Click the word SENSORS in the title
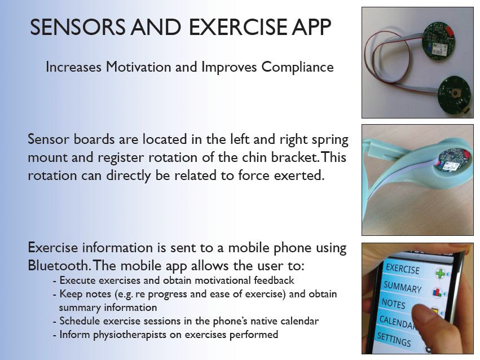click(78, 27)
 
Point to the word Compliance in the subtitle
click(297, 67)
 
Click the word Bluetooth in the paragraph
click(58, 265)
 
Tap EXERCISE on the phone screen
click(403, 269)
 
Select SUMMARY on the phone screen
click(403, 287)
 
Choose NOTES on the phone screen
click(393, 304)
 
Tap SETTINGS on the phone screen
click(394, 339)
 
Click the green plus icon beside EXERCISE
click(440, 273)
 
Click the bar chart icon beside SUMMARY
click(437, 292)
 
